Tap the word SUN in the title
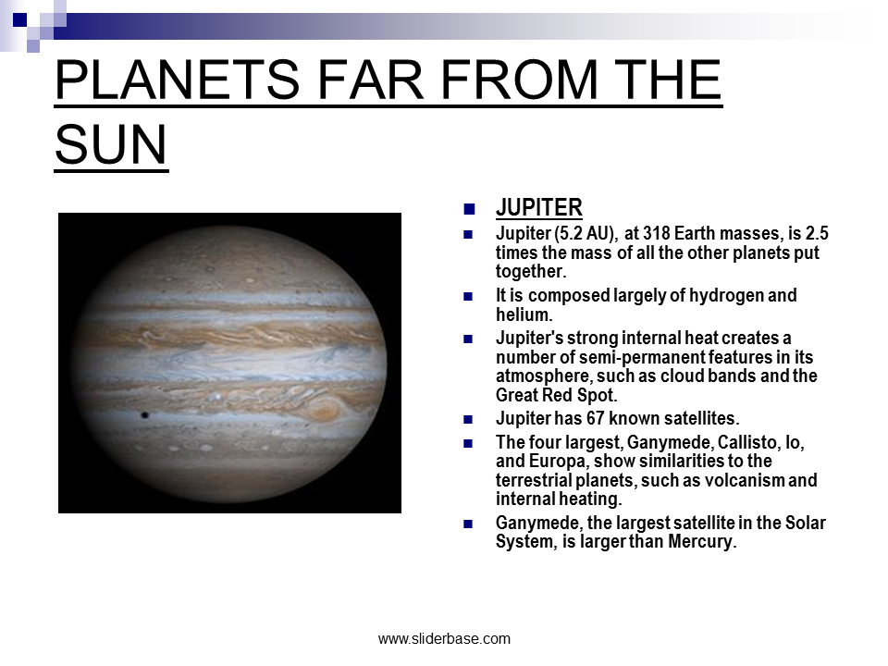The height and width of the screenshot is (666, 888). coord(111,144)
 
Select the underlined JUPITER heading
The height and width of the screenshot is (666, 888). coord(538,208)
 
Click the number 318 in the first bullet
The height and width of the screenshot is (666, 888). coord(655,233)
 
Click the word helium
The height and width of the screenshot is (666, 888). coord(524,314)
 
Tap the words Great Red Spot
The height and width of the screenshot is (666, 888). coord(556,395)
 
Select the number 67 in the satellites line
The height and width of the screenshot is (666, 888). coord(595,418)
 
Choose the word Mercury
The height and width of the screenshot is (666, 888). coord(702,541)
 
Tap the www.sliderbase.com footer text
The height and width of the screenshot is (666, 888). coord(444,639)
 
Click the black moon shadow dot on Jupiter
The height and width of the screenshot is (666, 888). coord(145,415)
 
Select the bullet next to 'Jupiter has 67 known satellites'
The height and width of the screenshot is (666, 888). coord(468,420)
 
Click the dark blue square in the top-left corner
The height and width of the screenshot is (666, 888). coord(19,19)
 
